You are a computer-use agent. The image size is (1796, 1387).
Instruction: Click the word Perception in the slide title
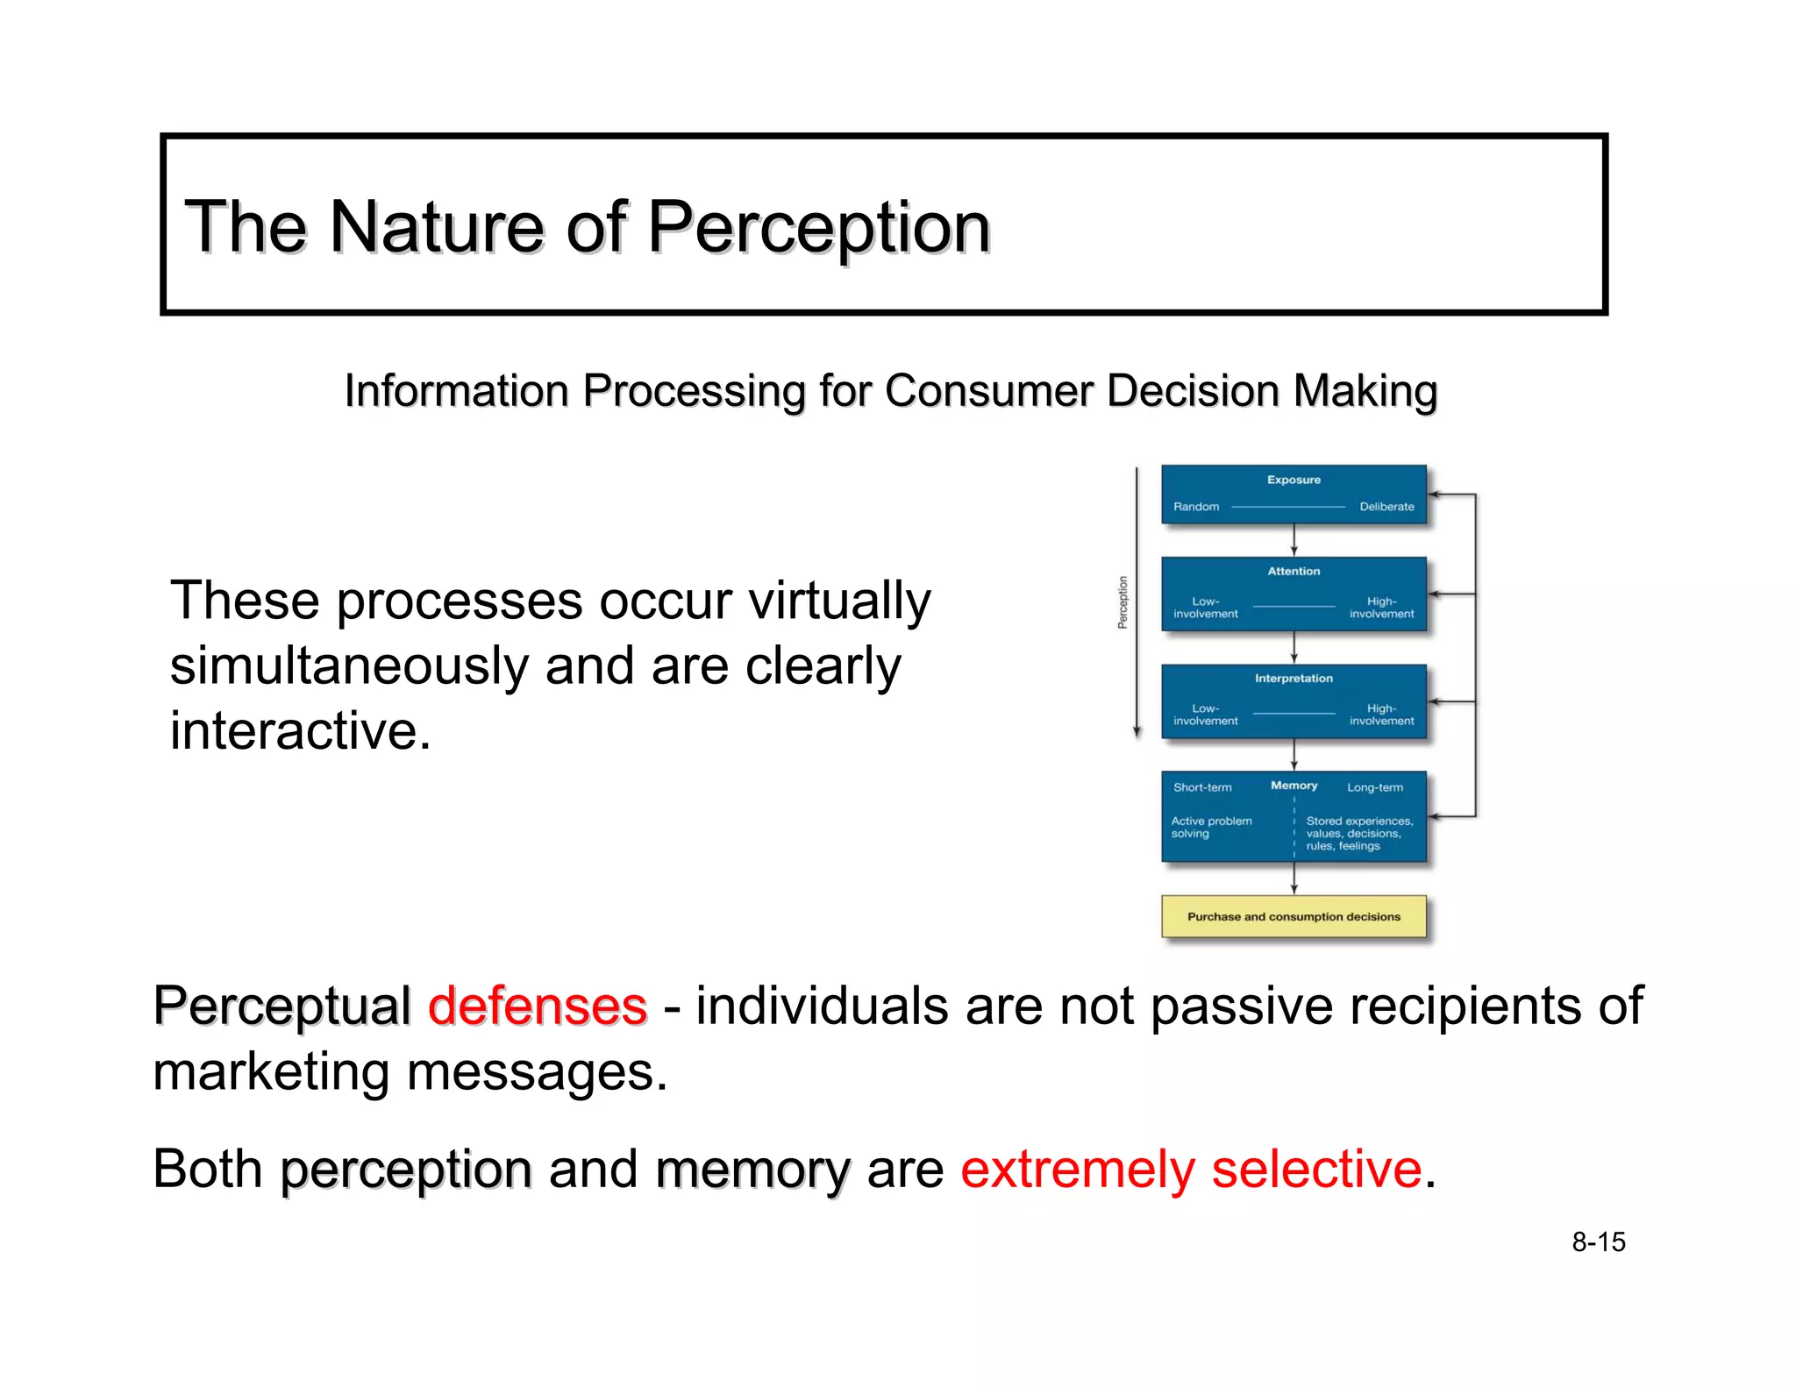coord(818,228)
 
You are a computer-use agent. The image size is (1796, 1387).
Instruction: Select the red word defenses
coord(538,1006)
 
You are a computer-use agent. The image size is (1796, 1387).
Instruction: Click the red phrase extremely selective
coord(1190,1169)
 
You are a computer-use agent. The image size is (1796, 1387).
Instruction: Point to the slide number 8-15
coord(1598,1241)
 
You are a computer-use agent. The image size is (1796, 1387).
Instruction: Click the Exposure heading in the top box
coord(1294,480)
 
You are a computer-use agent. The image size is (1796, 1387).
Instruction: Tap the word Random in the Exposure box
coord(1196,507)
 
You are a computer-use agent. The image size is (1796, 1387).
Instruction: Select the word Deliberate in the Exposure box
coord(1386,507)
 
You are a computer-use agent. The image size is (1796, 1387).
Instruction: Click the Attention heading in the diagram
coord(1294,571)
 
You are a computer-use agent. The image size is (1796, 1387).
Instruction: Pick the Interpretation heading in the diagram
coord(1294,678)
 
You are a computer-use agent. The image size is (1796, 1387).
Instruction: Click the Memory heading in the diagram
coord(1294,786)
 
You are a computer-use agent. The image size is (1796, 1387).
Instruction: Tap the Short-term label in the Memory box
coord(1202,787)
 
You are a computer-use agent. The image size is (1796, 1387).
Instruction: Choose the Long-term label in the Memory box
coord(1374,787)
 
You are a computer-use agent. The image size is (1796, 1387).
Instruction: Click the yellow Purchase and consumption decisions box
coord(1294,916)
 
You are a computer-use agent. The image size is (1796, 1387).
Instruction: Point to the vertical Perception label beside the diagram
coord(1122,602)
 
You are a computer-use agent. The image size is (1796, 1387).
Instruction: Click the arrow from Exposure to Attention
coord(1294,540)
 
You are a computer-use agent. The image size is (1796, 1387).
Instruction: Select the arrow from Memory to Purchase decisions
coord(1294,878)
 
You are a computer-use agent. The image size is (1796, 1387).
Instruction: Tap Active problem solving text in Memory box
coord(1211,827)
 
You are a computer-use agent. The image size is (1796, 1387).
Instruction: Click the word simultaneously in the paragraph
coord(349,666)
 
